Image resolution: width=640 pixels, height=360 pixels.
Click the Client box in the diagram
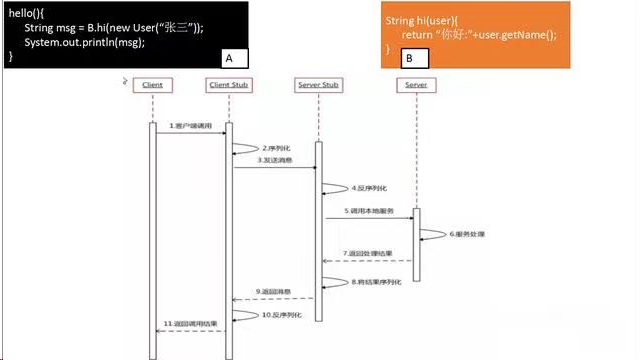tap(152, 85)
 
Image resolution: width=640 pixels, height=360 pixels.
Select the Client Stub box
tap(228, 85)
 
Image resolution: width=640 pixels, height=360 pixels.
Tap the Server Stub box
tap(319, 85)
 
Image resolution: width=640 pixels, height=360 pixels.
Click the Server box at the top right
tap(417, 85)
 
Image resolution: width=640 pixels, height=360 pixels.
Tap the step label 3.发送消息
tap(273, 160)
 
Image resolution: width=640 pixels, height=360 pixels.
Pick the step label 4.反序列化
tap(368, 188)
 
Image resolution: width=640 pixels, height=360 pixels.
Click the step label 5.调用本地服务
tap(368, 211)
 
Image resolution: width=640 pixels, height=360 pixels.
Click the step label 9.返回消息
tap(272, 291)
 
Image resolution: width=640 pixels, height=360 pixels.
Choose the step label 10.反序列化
tap(282, 315)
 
